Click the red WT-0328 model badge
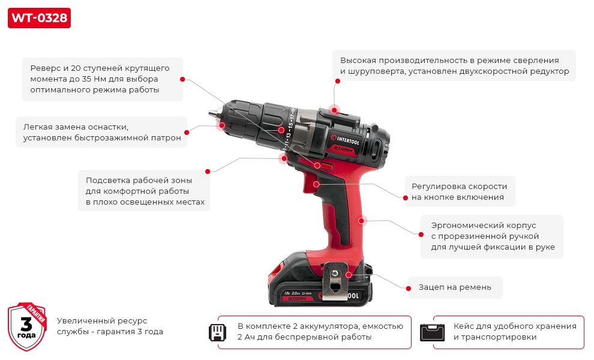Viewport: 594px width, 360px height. pyautogui.click(x=39, y=17)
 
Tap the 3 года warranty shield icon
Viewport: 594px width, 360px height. pyautogui.click(x=27, y=326)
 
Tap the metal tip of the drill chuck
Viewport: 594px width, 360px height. pyautogui.click(x=214, y=112)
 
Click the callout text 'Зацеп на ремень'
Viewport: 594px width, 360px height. pyautogui.click(x=455, y=287)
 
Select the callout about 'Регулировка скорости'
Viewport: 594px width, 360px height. pyautogui.click(x=460, y=191)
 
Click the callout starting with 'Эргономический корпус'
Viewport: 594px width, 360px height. pyautogui.click(x=492, y=236)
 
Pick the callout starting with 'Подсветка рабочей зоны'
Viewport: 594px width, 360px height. pyautogui.click(x=145, y=191)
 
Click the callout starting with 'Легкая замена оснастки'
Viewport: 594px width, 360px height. pyautogui.click(x=101, y=132)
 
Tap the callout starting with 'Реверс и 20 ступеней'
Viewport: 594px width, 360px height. pyautogui.click(x=102, y=79)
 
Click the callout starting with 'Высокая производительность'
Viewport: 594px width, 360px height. pyautogui.click(x=454, y=65)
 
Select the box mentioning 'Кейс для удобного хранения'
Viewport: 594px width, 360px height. pyautogui.click(x=514, y=332)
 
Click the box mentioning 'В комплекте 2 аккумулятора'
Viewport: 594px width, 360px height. pyautogui.click(x=320, y=332)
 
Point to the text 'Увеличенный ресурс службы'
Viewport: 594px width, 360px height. pyautogui.click(x=110, y=326)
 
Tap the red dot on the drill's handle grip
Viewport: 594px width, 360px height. pyautogui.click(x=362, y=220)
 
